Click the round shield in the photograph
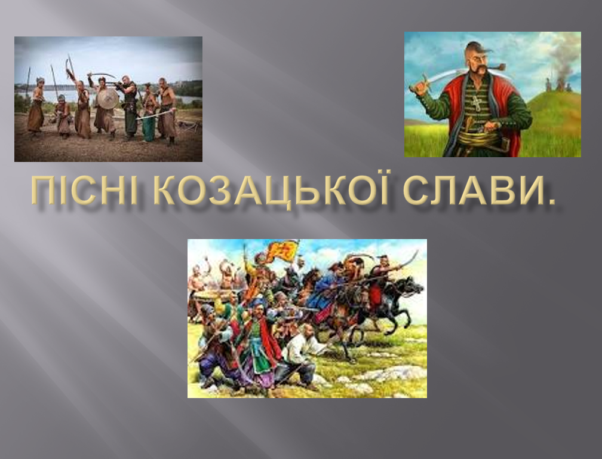107,99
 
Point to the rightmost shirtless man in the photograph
167,111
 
